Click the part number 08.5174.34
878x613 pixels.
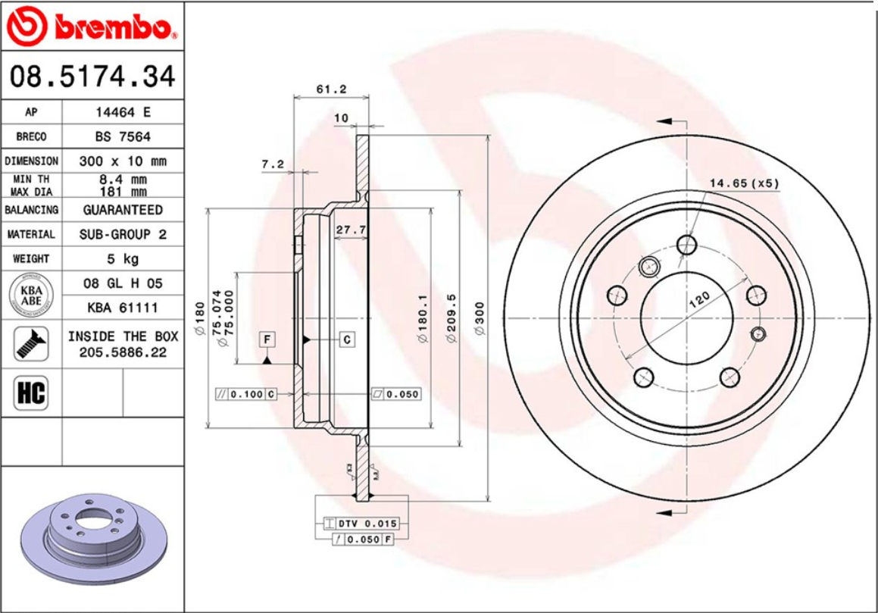click(x=92, y=77)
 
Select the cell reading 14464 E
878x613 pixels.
click(x=123, y=112)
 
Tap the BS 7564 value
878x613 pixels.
click(x=123, y=136)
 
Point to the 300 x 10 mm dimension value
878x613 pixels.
click(x=123, y=161)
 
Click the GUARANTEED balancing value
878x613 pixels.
click(x=123, y=210)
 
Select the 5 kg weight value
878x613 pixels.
click(x=123, y=259)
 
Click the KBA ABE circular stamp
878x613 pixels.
click(x=31, y=295)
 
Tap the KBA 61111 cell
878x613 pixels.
click(x=123, y=308)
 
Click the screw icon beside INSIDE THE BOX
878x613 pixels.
click(x=31, y=344)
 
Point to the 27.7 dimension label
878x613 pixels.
click(x=351, y=229)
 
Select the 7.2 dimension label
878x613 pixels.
click(x=272, y=164)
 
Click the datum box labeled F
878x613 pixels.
click(x=267, y=339)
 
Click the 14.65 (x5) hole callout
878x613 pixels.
click(x=744, y=183)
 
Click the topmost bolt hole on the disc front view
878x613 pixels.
click(x=687, y=244)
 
